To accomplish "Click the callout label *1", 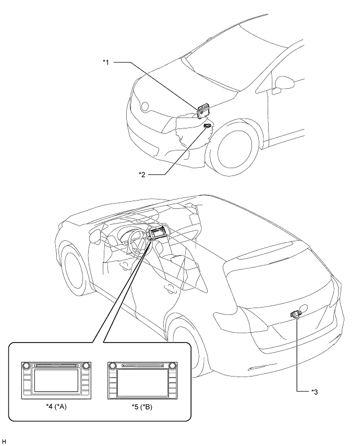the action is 106,62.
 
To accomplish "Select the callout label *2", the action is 142,174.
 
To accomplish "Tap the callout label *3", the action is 315,392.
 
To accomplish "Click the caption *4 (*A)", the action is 56,407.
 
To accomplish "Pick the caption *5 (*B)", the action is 142,407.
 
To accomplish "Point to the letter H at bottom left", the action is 4,441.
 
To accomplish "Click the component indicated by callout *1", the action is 203,111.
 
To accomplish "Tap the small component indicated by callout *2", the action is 208,126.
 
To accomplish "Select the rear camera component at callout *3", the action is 296,314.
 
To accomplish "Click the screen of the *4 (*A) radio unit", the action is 56,380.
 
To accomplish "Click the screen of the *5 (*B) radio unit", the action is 142,382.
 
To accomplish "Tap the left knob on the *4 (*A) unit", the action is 27,366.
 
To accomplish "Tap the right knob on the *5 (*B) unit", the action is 173,366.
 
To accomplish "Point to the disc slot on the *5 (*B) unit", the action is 142,366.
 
